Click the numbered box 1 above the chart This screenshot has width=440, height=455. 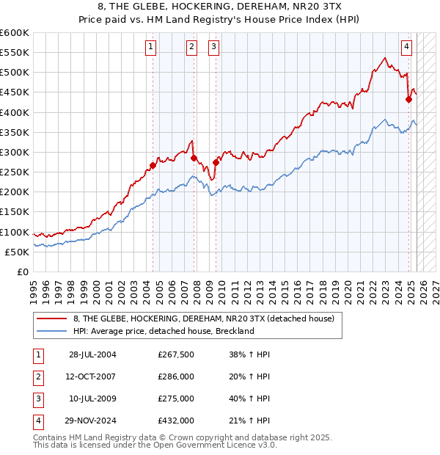(x=150, y=48)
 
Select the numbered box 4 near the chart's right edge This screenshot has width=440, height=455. (x=406, y=48)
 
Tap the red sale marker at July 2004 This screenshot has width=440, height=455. (x=153, y=165)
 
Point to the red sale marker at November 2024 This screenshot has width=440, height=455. (x=408, y=100)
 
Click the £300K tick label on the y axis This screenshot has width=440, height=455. (x=15, y=152)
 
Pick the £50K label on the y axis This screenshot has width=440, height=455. (x=17, y=252)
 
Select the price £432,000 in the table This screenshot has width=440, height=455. (x=176, y=421)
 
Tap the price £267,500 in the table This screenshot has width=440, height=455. (x=176, y=354)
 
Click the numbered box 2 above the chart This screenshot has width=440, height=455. (x=191, y=48)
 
